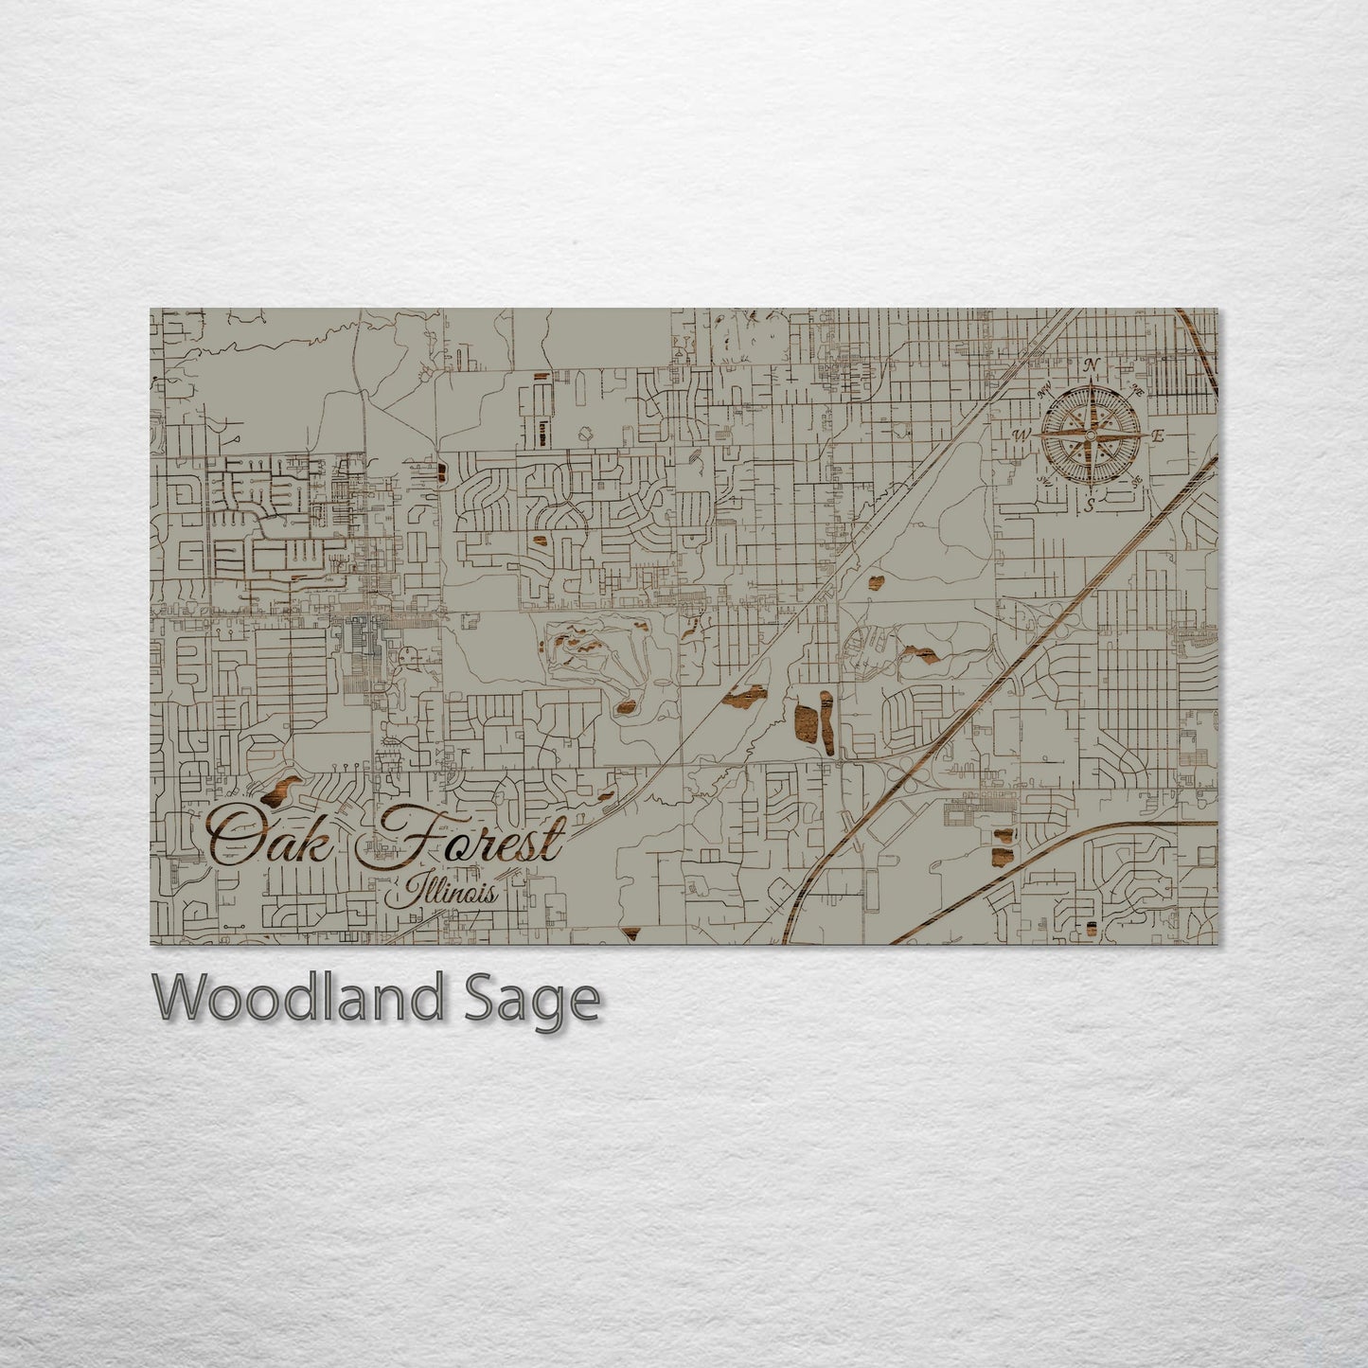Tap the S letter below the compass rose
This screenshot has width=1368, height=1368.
pos(1091,505)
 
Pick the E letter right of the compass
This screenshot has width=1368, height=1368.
pos(1157,436)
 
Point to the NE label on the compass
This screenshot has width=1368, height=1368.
pos(1137,391)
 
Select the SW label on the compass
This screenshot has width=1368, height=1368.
pos(1046,481)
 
